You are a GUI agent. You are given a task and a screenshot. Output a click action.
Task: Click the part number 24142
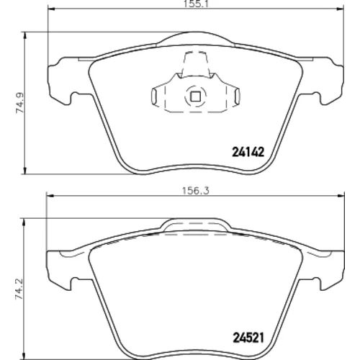[248, 152]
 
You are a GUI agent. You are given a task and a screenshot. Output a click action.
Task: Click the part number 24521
[248, 338]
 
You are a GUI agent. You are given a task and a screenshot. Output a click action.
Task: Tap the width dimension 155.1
[196, 4]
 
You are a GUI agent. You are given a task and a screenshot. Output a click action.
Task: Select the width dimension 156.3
[196, 191]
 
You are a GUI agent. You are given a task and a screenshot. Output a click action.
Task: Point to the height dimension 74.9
[19, 103]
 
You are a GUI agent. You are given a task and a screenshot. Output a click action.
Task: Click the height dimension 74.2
[19, 289]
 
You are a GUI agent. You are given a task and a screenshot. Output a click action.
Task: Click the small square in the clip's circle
[195, 96]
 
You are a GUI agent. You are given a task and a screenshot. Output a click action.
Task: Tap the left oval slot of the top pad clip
[154, 96]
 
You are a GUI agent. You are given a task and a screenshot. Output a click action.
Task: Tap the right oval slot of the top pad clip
[237, 96]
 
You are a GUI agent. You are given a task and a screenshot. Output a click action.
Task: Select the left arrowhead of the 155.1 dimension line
[52, 9]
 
